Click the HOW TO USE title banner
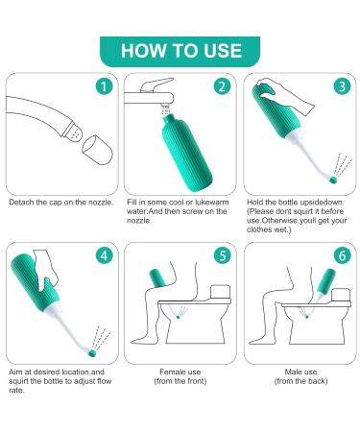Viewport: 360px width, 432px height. [x=180, y=51]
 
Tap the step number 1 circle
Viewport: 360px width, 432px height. [x=104, y=86]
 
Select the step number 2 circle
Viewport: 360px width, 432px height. [x=223, y=86]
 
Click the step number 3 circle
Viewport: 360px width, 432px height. [x=342, y=86]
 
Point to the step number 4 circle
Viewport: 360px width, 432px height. [x=104, y=255]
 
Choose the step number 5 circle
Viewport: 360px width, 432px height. [x=223, y=255]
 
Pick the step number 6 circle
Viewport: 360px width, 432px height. [x=342, y=255]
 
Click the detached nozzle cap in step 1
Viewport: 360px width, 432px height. [x=97, y=150]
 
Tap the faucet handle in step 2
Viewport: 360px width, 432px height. [x=156, y=84]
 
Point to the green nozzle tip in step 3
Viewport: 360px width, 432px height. [x=334, y=180]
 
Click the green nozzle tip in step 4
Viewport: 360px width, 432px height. [x=92, y=353]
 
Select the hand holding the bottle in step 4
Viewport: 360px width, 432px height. [x=45, y=271]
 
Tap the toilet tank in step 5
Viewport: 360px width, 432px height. [x=220, y=293]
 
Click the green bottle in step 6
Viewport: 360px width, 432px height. [x=326, y=280]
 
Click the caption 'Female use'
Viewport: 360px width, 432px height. [x=180, y=372]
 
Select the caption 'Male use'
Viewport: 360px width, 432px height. [x=300, y=372]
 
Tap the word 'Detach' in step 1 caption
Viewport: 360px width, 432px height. [x=21, y=203]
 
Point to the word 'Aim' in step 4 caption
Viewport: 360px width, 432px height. [x=15, y=372]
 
